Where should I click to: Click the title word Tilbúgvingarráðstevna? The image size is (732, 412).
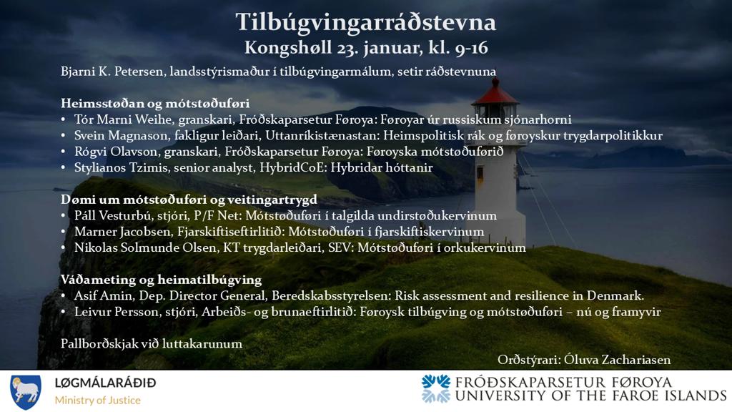[365, 23]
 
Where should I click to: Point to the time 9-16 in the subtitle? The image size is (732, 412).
[470, 48]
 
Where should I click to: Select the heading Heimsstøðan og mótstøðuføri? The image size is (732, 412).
[155, 103]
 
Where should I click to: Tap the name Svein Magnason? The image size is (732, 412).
[121, 135]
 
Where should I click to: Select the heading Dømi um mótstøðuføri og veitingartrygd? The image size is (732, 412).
[189, 200]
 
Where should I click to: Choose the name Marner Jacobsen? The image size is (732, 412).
[122, 232]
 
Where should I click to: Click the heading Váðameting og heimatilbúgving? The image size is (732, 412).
[161, 280]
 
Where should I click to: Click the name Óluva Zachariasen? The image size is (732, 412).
[617, 360]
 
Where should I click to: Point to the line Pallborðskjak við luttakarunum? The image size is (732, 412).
[152, 344]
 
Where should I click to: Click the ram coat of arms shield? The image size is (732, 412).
[25, 392]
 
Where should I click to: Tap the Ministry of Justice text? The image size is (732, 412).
[97, 401]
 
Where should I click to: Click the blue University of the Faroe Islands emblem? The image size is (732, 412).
[435, 388]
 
